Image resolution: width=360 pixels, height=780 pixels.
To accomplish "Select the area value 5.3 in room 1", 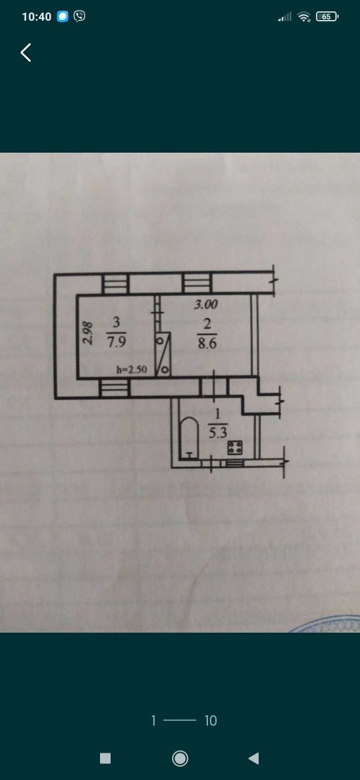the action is click(216, 433).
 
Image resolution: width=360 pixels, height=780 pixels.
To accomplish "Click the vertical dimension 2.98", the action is click(87, 333).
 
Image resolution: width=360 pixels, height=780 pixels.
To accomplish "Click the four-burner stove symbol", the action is click(235, 447).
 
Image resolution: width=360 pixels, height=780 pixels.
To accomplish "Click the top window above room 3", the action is click(116, 284).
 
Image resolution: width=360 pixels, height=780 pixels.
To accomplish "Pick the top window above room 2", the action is click(198, 283).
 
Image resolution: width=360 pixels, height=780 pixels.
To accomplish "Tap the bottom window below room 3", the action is click(115, 388).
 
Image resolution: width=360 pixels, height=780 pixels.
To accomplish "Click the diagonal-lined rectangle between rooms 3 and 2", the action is click(163, 354).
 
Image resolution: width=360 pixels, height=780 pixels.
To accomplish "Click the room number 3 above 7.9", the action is click(117, 323).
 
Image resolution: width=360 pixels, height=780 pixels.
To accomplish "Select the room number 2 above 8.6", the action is click(207, 323).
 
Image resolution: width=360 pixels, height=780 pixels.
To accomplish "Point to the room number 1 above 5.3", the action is click(217, 413).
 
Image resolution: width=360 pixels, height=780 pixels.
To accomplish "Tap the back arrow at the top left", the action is click(26, 52).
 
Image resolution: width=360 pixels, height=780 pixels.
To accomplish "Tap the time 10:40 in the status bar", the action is click(37, 17).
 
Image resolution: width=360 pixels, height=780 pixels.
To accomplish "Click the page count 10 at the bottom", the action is click(211, 720).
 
